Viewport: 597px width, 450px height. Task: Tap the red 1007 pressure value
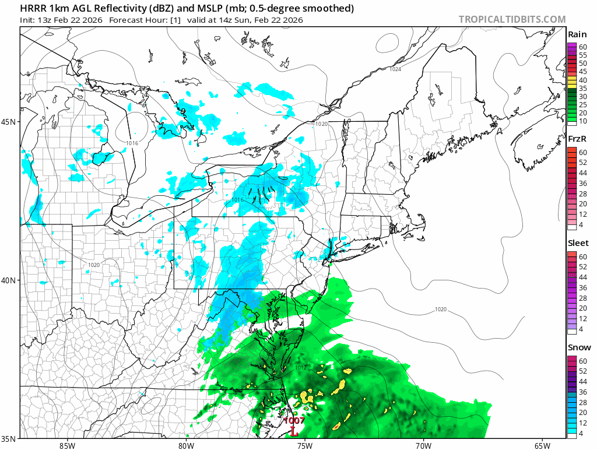click(x=294, y=420)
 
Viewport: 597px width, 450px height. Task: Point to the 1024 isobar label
click(x=395, y=69)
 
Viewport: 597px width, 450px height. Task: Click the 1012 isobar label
click(x=301, y=368)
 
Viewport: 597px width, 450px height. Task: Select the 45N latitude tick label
click(x=9, y=122)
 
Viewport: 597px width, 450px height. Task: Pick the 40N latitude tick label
click(x=9, y=280)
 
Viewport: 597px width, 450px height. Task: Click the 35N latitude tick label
click(x=9, y=438)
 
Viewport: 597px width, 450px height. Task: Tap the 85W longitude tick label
click(x=67, y=445)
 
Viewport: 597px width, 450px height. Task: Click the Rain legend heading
click(x=577, y=35)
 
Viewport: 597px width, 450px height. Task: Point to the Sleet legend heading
click(x=578, y=243)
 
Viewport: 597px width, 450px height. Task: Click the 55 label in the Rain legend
click(x=583, y=54)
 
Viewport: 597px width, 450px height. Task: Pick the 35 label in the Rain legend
click(x=583, y=88)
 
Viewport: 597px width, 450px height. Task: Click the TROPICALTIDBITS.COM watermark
click(x=512, y=19)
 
